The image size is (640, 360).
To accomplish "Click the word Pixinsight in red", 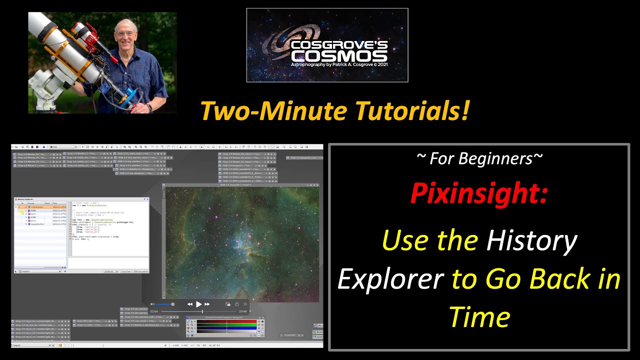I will [479, 193].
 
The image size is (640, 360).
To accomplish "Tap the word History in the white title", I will [531, 240].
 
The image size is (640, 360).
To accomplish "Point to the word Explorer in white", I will [390, 278].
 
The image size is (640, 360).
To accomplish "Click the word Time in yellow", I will [479, 316].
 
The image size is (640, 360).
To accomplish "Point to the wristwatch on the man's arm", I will [149, 106].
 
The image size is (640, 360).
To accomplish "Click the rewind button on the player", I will [190, 304].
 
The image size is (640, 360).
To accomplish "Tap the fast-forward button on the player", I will [207, 304].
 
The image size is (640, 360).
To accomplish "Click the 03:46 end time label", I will [243, 311].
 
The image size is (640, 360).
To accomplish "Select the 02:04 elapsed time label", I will [154, 311].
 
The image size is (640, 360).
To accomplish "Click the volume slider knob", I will [172, 304].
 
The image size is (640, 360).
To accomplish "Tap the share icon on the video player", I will [228, 304].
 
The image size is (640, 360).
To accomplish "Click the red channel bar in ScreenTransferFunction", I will [226, 321].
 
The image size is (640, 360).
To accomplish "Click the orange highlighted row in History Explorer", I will [40, 207].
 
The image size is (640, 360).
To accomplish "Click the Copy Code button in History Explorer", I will [126, 271].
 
